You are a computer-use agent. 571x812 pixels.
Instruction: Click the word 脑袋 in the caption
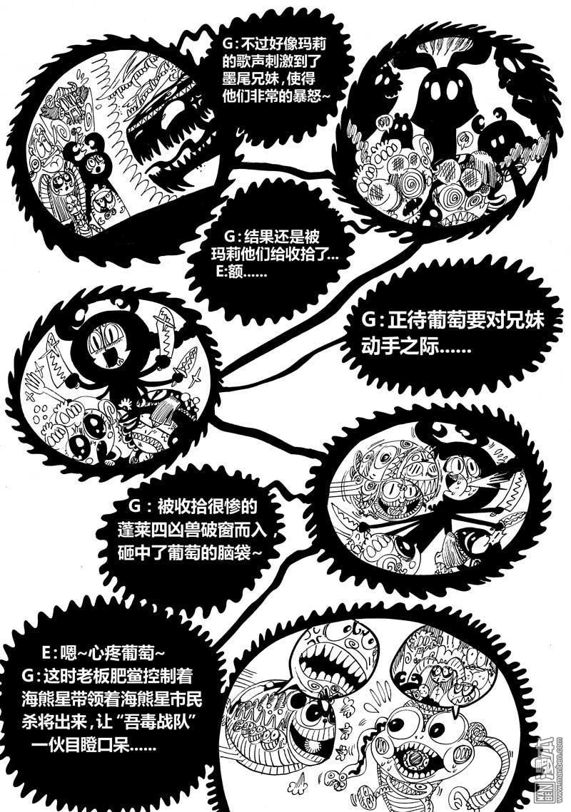pyautogui.click(x=234, y=553)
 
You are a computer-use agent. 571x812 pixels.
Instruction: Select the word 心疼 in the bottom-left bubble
pyautogui.click(x=106, y=654)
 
